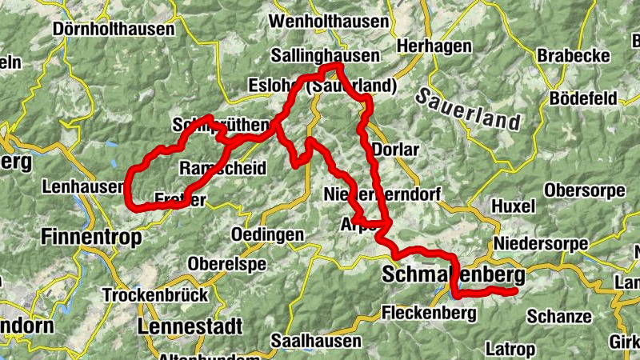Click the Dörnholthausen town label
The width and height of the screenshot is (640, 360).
(x=113, y=30)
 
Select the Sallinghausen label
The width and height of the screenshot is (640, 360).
(x=324, y=56)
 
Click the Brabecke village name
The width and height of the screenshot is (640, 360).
(x=573, y=56)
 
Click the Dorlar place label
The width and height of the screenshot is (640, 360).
(x=396, y=150)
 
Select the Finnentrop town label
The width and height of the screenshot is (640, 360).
(x=90, y=238)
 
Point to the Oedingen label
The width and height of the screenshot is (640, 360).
(x=267, y=234)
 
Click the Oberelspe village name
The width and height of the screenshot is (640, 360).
(x=227, y=262)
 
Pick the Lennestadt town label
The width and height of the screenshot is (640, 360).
(x=190, y=326)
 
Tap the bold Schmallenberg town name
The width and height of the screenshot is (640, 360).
(x=454, y=275)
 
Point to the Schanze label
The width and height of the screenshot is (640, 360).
(x=559, y=316)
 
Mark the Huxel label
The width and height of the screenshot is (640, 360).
(x=514, y=206)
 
